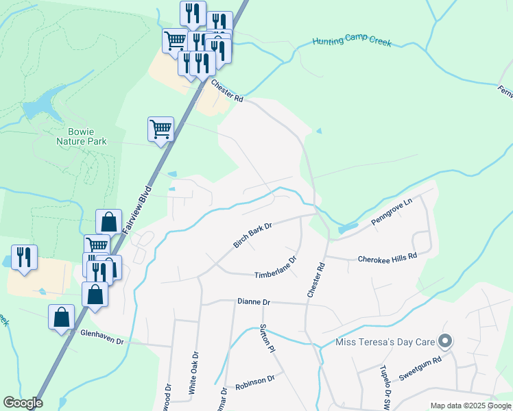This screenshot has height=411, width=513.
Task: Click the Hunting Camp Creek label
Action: pyautogui.click(x=352, y=42)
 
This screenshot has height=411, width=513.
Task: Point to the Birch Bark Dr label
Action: pyautogui.click(x=252, y=235)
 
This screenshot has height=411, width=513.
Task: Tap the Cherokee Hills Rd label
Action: pyautogui.click(x=387, y=258)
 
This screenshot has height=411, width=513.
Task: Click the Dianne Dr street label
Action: pyautogui.click(x=254, y=301)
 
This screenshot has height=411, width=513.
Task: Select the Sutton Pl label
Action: pyautogui.click(x=267, y=338)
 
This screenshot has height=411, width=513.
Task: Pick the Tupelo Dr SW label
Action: pyautogui.click(x=384, y=385)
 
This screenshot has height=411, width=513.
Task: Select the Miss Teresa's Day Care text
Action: pyautogui.click(x=385, y=342)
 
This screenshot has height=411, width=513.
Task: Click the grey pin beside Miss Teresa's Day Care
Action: pyautogui.click(x=445, y=340)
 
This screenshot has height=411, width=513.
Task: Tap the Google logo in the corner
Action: pyautogui.click(x=23, y=403)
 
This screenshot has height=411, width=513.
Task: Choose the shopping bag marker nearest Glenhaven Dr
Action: pyautogui.click(x=62, y=317)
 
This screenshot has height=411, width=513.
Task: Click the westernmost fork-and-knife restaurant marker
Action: pyautogui.click(x=24, y=258)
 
